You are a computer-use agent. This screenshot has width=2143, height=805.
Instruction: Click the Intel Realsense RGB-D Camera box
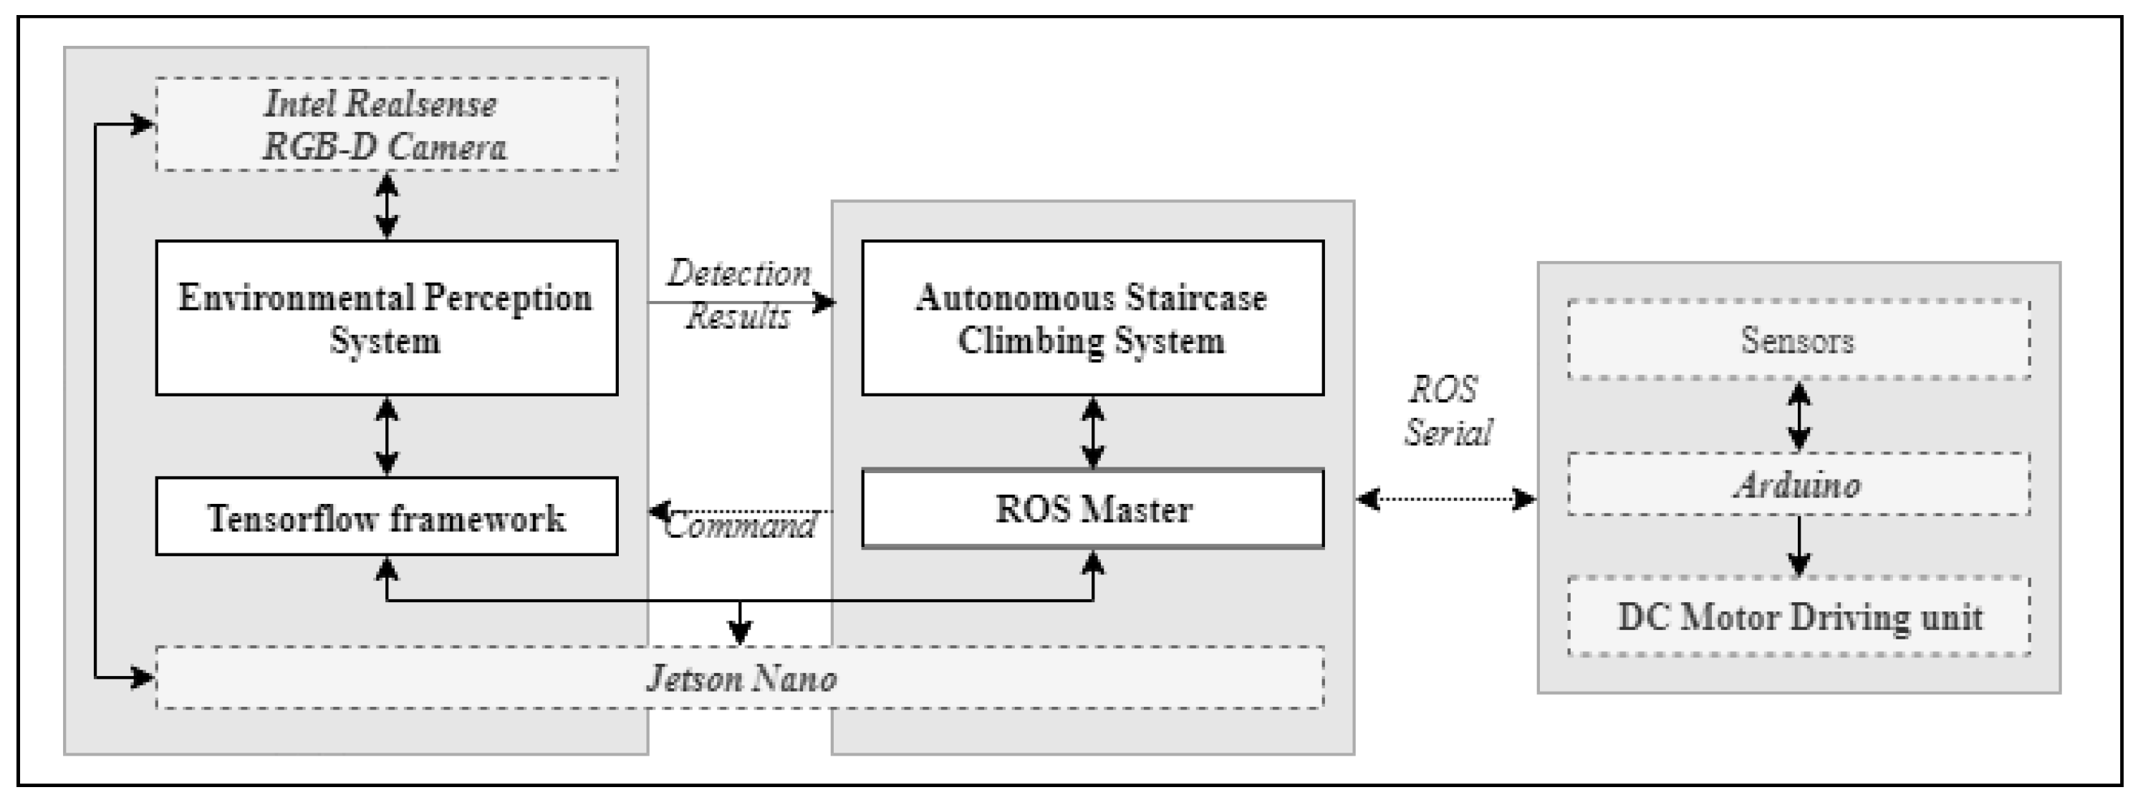coord(386,125)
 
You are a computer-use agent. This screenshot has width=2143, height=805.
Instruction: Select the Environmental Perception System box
coord(386,318)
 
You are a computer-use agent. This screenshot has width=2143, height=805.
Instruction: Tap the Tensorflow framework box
coord(386,517)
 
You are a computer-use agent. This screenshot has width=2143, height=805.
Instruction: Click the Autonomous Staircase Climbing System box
coord(1092,318)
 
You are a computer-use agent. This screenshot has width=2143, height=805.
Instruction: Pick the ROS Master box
coord(1092,509)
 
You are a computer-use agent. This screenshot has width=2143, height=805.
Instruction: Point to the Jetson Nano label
coord(741,678)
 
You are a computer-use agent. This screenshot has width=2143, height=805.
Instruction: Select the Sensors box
coord(1798,340)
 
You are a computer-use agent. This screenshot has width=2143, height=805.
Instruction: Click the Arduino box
coord(1798,485)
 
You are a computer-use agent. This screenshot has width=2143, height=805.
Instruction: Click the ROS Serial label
coord(1448,411)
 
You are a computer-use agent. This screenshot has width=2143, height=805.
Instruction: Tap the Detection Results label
coord(738,295)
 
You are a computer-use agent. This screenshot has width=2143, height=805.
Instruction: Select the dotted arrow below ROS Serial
coord(1446,500)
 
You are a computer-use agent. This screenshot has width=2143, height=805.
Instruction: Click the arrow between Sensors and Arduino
coord(1799,416)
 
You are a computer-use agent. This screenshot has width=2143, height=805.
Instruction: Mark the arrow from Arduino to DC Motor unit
coord(1799,546)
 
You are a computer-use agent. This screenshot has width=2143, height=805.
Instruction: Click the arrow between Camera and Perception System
coord(387,206)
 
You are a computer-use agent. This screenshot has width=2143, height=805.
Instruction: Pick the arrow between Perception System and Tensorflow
coord(387,435)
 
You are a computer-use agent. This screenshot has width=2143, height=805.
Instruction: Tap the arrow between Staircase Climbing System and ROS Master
coord(1092,432)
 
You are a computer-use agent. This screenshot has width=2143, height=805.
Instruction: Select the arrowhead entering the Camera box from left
coord(143,125)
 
